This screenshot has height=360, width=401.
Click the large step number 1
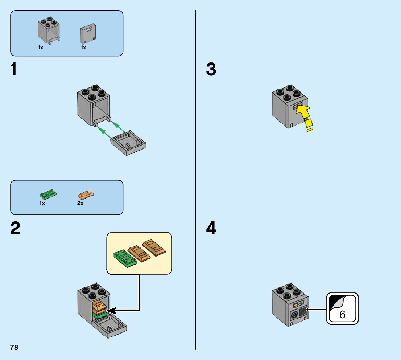(14, 70)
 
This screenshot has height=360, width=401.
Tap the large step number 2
(15, 229)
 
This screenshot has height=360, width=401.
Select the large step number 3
(211, 70)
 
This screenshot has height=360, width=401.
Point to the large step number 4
(211, 229)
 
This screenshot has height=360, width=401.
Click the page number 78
(14, 347)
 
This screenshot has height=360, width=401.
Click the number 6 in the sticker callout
(342, 314)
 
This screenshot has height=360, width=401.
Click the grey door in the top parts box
(87, 35)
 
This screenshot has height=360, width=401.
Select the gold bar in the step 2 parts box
(86, 195)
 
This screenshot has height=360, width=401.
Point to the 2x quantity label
(80, 204)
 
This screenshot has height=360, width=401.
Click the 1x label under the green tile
(42, 204)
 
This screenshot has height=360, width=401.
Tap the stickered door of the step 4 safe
(298, 313)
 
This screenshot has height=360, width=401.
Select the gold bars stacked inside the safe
(99, 307)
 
